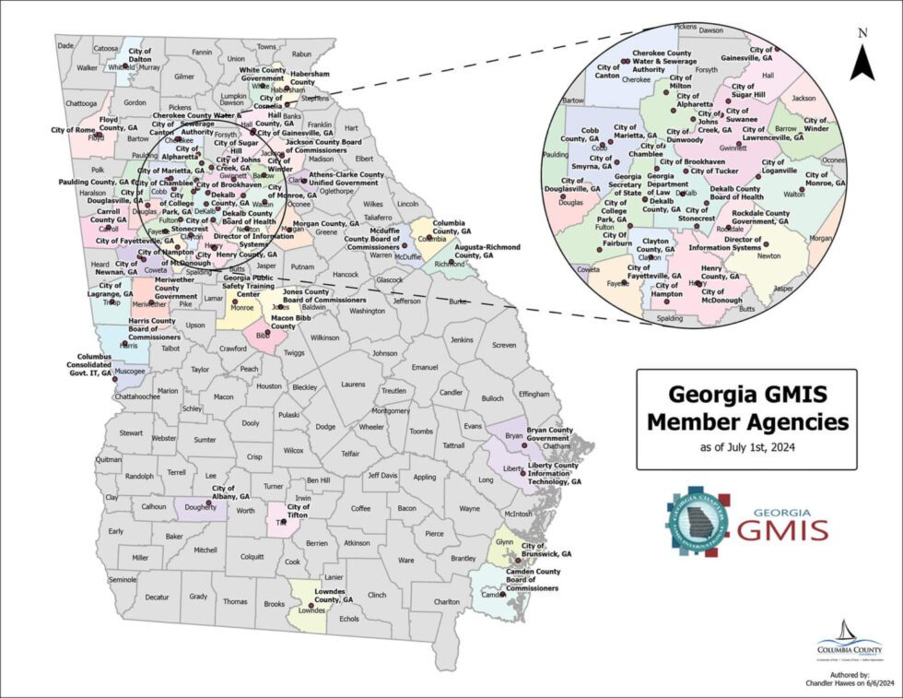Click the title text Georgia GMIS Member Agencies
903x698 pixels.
pyautogui.click(x=746, y=409)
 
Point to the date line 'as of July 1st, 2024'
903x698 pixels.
pyautogui.click(x=746, y=448)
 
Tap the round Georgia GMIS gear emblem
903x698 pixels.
pyautogui.click(x=698, y=523)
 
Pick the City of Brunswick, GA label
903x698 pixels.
pyautogui.click(x=546, y=550)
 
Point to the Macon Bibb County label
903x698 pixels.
pyautogui.click(x=295, y=321)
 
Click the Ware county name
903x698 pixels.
pyautogui.click(x=405, y=560)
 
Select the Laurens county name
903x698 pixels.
pyautogui.click(x=352, y=384)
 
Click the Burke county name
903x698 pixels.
pyautogui.click(x=458, y=302)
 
